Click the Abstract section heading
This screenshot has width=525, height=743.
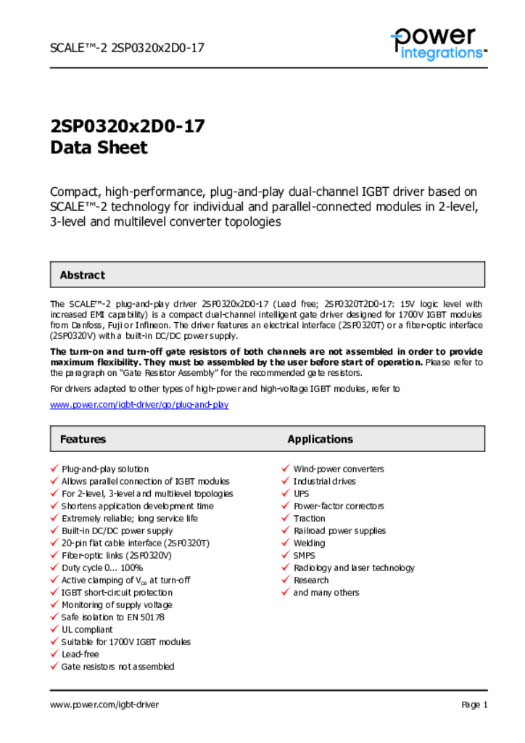[82, 275]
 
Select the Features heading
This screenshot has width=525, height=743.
[83, 439]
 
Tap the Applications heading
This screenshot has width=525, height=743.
[320, 439]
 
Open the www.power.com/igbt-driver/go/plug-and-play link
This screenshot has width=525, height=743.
[139, 404]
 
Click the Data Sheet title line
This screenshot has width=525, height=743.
[99, 148]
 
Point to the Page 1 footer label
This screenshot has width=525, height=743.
[474, 705]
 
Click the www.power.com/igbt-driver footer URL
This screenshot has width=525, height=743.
[104, 705]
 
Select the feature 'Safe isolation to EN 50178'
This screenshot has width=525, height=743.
[112, 617]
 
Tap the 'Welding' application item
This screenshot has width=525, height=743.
[309, 543]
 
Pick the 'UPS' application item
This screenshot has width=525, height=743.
[301, 493]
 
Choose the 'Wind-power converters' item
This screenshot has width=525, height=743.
[339, 469]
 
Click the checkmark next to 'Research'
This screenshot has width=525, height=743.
[286, 580]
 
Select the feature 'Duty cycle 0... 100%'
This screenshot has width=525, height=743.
[102, 567]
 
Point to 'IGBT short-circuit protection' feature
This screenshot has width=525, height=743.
[117, 592]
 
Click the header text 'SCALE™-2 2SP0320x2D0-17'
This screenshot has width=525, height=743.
[127, 48]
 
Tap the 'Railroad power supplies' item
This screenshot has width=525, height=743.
[339, 530]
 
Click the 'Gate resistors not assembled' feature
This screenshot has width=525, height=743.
[117, 666]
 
